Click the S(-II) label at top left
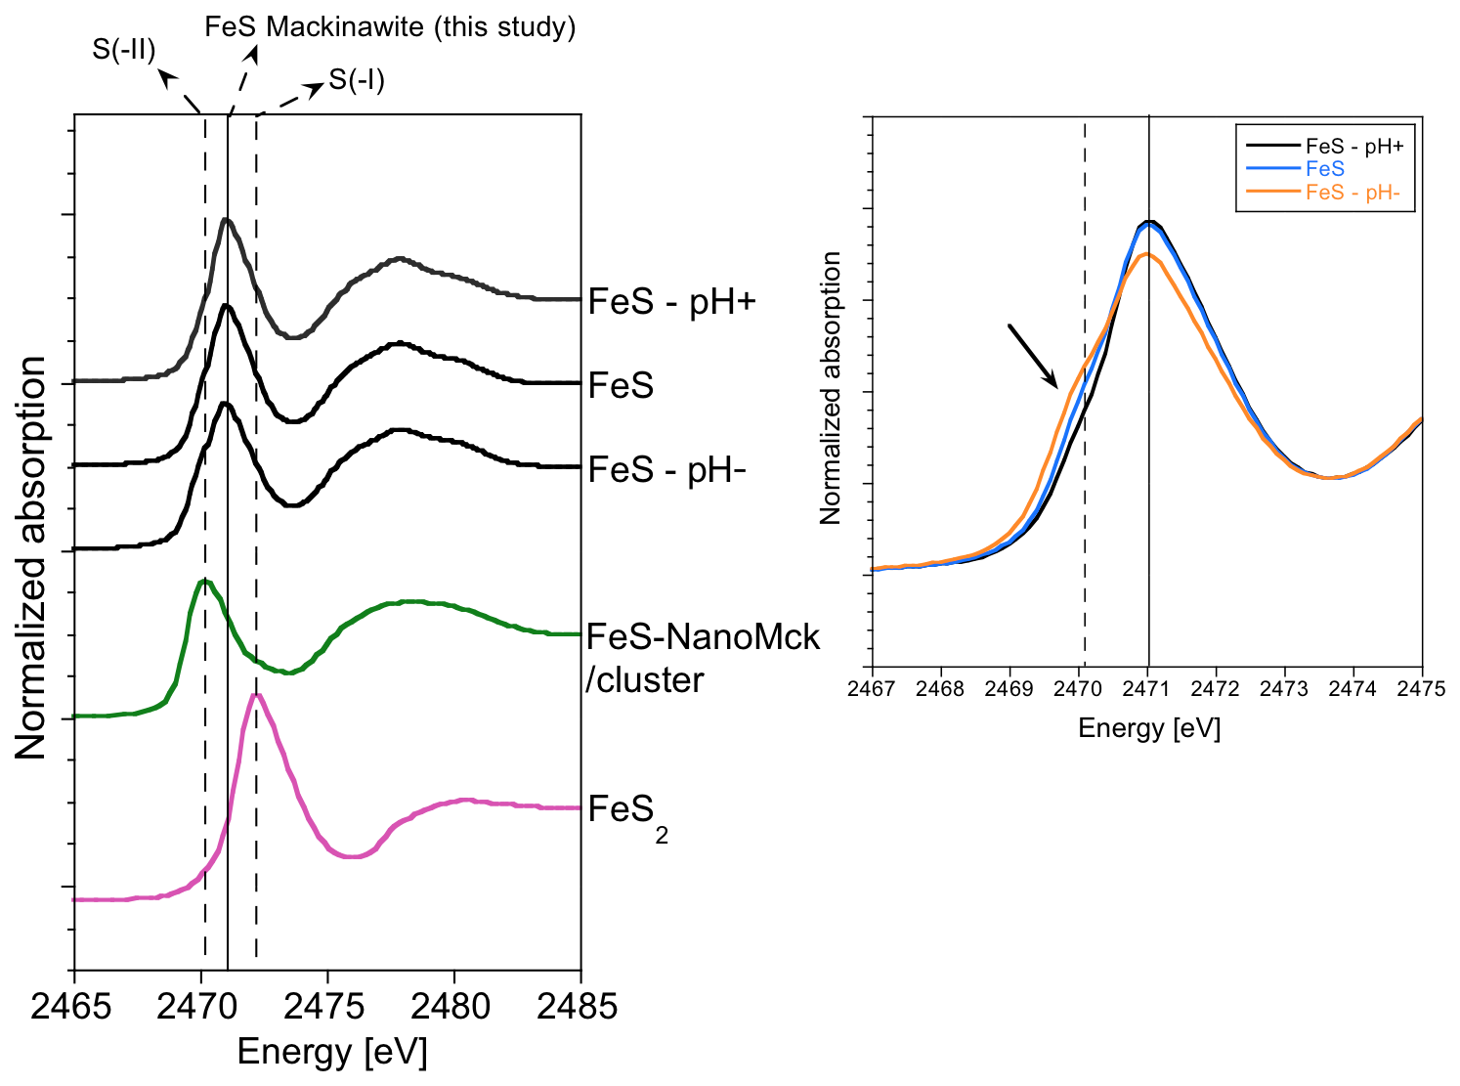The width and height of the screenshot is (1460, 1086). click(x=124, y=49)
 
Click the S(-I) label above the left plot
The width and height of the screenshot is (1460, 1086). click(x=357, y=79)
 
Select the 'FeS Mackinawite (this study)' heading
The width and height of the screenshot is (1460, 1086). click(x=390, y=26)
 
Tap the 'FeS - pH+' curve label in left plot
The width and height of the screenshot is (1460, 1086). click(x=672, y=302)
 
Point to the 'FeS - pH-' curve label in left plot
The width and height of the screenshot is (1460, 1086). click(x=667, y=470)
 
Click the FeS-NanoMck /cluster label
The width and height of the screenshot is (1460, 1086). click(x=703, y=658)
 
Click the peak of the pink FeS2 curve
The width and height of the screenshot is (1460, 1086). click(x=256, y=696)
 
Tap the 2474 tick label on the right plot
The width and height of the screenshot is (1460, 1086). click(x=1353, y=688)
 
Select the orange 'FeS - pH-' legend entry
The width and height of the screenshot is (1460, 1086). click(x=1353, y=193)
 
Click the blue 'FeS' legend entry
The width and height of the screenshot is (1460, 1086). click(x=1324, y=169)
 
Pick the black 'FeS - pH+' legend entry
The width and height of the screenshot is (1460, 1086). click(x=1353, y=147)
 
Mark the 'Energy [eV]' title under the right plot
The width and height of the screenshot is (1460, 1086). click(x=1149, y=728)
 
